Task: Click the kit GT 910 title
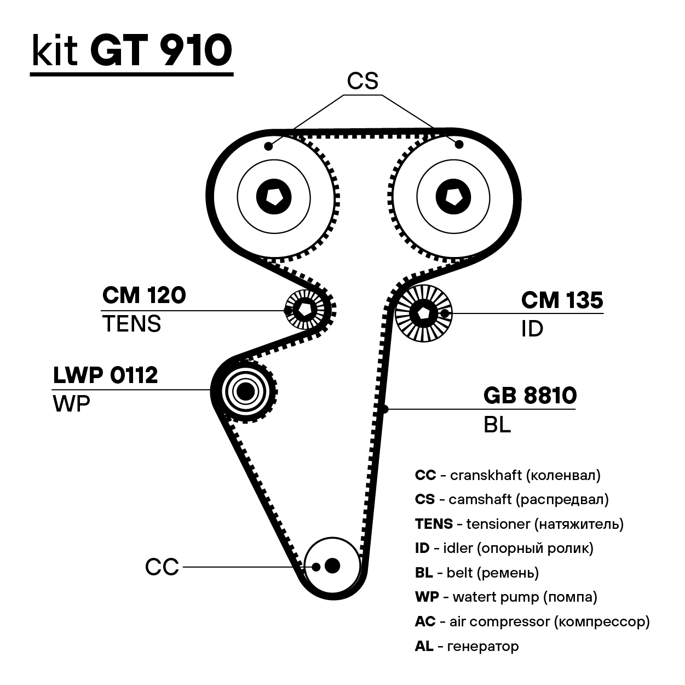pyautogui.click(x=131, y=51)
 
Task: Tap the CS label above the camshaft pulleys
pyautogui.click(x=362, y=81)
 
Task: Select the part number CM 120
pyautogui.click(x=144, y=295)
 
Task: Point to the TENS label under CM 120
pyautogui.click(x=131, y=324)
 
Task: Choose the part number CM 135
pyautogui.click(x=562, y=300)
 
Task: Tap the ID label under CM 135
pyautogui.click(x=532, y=329)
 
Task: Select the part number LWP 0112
pyautogui.click(x=105, y=375)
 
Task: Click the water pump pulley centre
pyautogui.click(x=246, y=391)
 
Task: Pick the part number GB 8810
pyautogui.click(x=530, y=396)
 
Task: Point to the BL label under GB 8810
pyautogui.click(x=497, y=425)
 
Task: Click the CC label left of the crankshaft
pyautogui.click(x=162, y=567)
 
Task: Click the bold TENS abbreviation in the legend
pyautogui.click(x=434, y=524)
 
